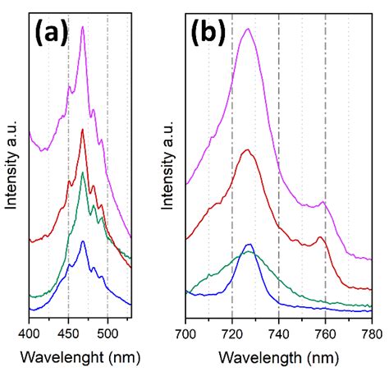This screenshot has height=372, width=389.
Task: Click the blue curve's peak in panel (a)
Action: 83,241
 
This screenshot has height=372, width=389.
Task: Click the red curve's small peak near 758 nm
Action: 321,237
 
